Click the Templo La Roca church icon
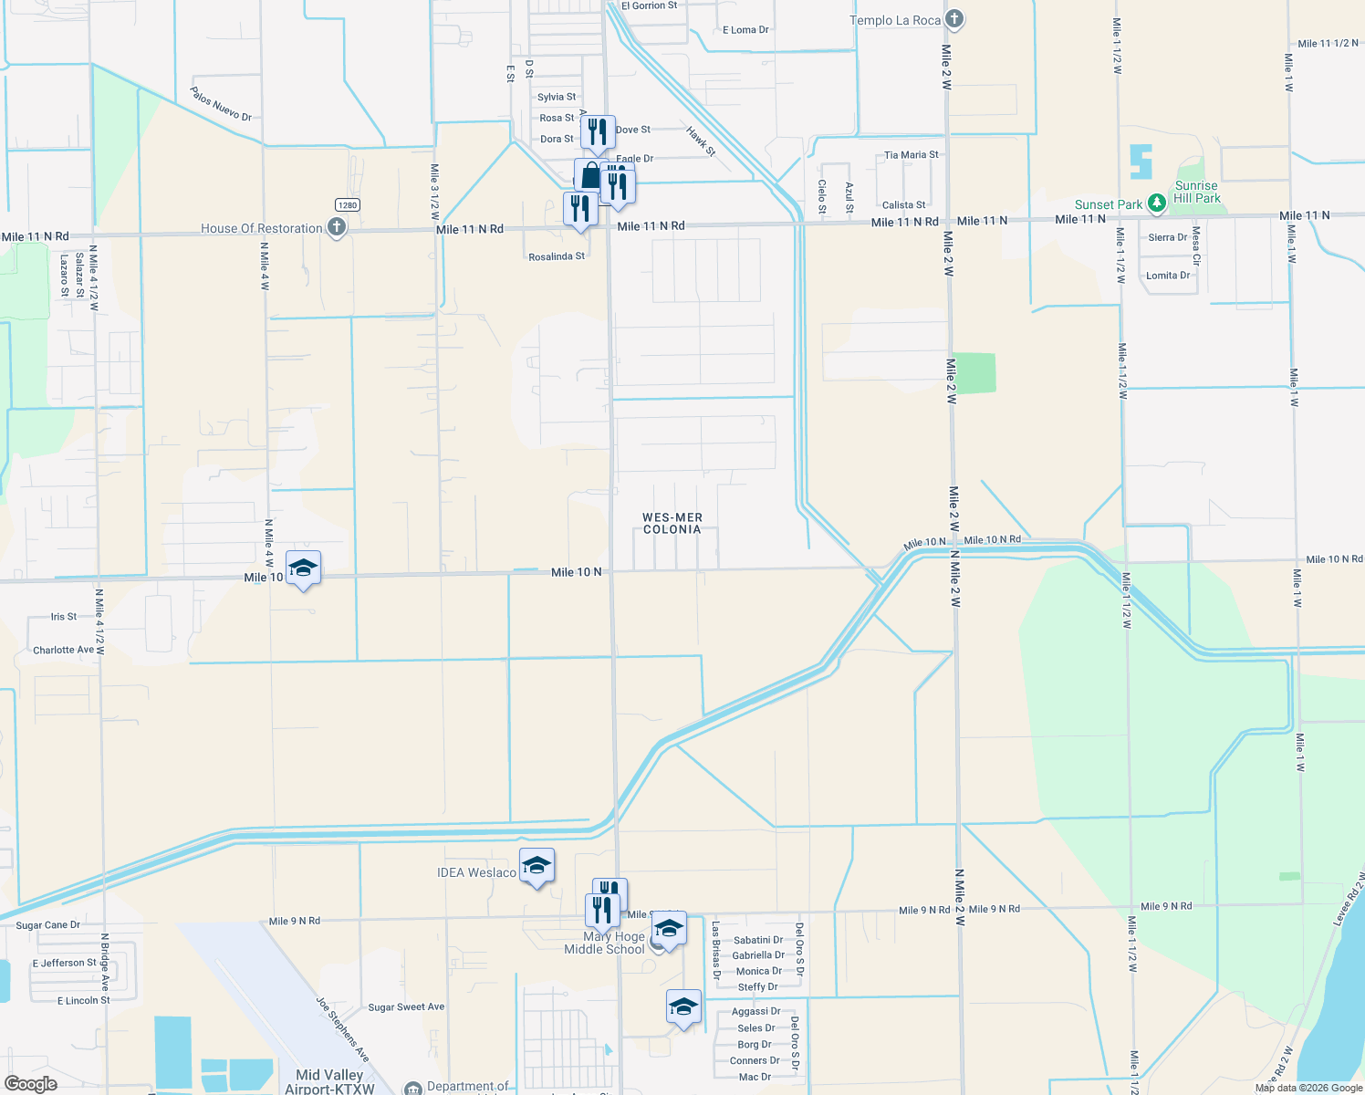pos(953,19)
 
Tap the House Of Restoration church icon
pos(336,227)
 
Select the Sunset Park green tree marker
pos(1156,203)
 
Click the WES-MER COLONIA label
pos(672,523)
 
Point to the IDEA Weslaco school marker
pos(537,866)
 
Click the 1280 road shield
pos(347,204)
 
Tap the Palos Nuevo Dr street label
pos(221,104)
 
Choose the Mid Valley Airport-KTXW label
pos(329,1081)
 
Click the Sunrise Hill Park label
pos(1196,192)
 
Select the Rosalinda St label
pos(557,256)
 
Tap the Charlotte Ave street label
pos(63,651)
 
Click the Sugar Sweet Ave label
pos(406,1007)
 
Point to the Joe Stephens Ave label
pos(343,1029)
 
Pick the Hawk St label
pos(701,141)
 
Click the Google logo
pos(30,1084)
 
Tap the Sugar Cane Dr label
pos(47,925)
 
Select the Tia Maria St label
pos(911,155)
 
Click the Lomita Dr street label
pos(1168,276)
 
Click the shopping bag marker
pos(589,174)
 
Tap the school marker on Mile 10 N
pos(303,569)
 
